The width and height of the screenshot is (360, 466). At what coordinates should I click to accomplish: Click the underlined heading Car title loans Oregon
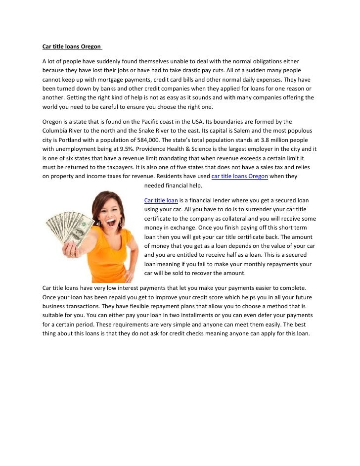point(71,47)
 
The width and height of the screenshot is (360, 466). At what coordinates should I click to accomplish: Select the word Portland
point(64,139)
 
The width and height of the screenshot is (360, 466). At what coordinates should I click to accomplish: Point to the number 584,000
point(151,139)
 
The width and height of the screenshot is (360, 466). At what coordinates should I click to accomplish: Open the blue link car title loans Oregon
point(239,176)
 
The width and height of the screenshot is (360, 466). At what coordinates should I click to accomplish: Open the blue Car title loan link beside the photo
point(161,200)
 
